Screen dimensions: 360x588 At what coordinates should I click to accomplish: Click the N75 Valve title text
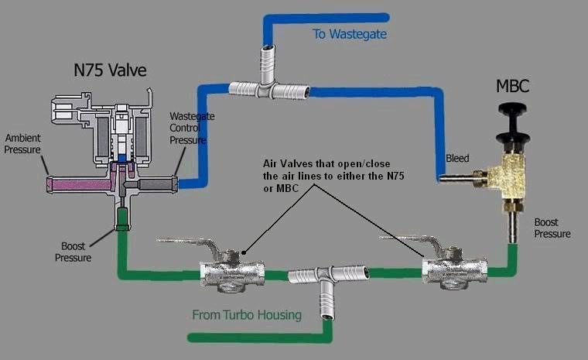point(111,71)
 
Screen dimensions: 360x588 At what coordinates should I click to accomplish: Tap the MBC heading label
point(514,85)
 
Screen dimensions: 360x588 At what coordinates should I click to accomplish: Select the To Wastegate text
point(350,34)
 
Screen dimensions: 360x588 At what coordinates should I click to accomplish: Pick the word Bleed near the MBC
point(457,159)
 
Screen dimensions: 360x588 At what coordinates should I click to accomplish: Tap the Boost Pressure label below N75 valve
point(73,252)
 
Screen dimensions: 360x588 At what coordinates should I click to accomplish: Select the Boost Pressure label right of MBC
point(552,228)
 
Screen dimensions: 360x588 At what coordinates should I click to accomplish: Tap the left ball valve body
point(231,273)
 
